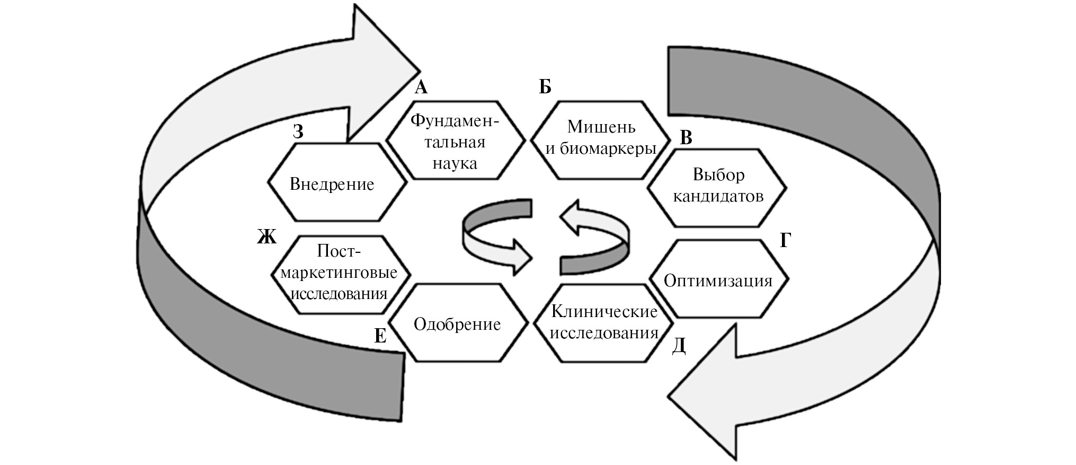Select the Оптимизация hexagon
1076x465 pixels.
click(718, 279)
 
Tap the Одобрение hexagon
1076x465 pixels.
click(458, 323)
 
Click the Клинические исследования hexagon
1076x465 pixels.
click(603, 323)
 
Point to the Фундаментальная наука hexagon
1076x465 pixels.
click(455, 141)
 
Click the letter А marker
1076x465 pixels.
click(421, 87)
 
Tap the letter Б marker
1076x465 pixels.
click(545, 87)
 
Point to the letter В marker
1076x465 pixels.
click(686, 138)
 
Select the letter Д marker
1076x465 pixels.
click(679, 346)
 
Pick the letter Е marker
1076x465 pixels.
click(380, 336)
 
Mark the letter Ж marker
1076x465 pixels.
click(267, 237)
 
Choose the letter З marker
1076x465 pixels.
click(298, 131)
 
